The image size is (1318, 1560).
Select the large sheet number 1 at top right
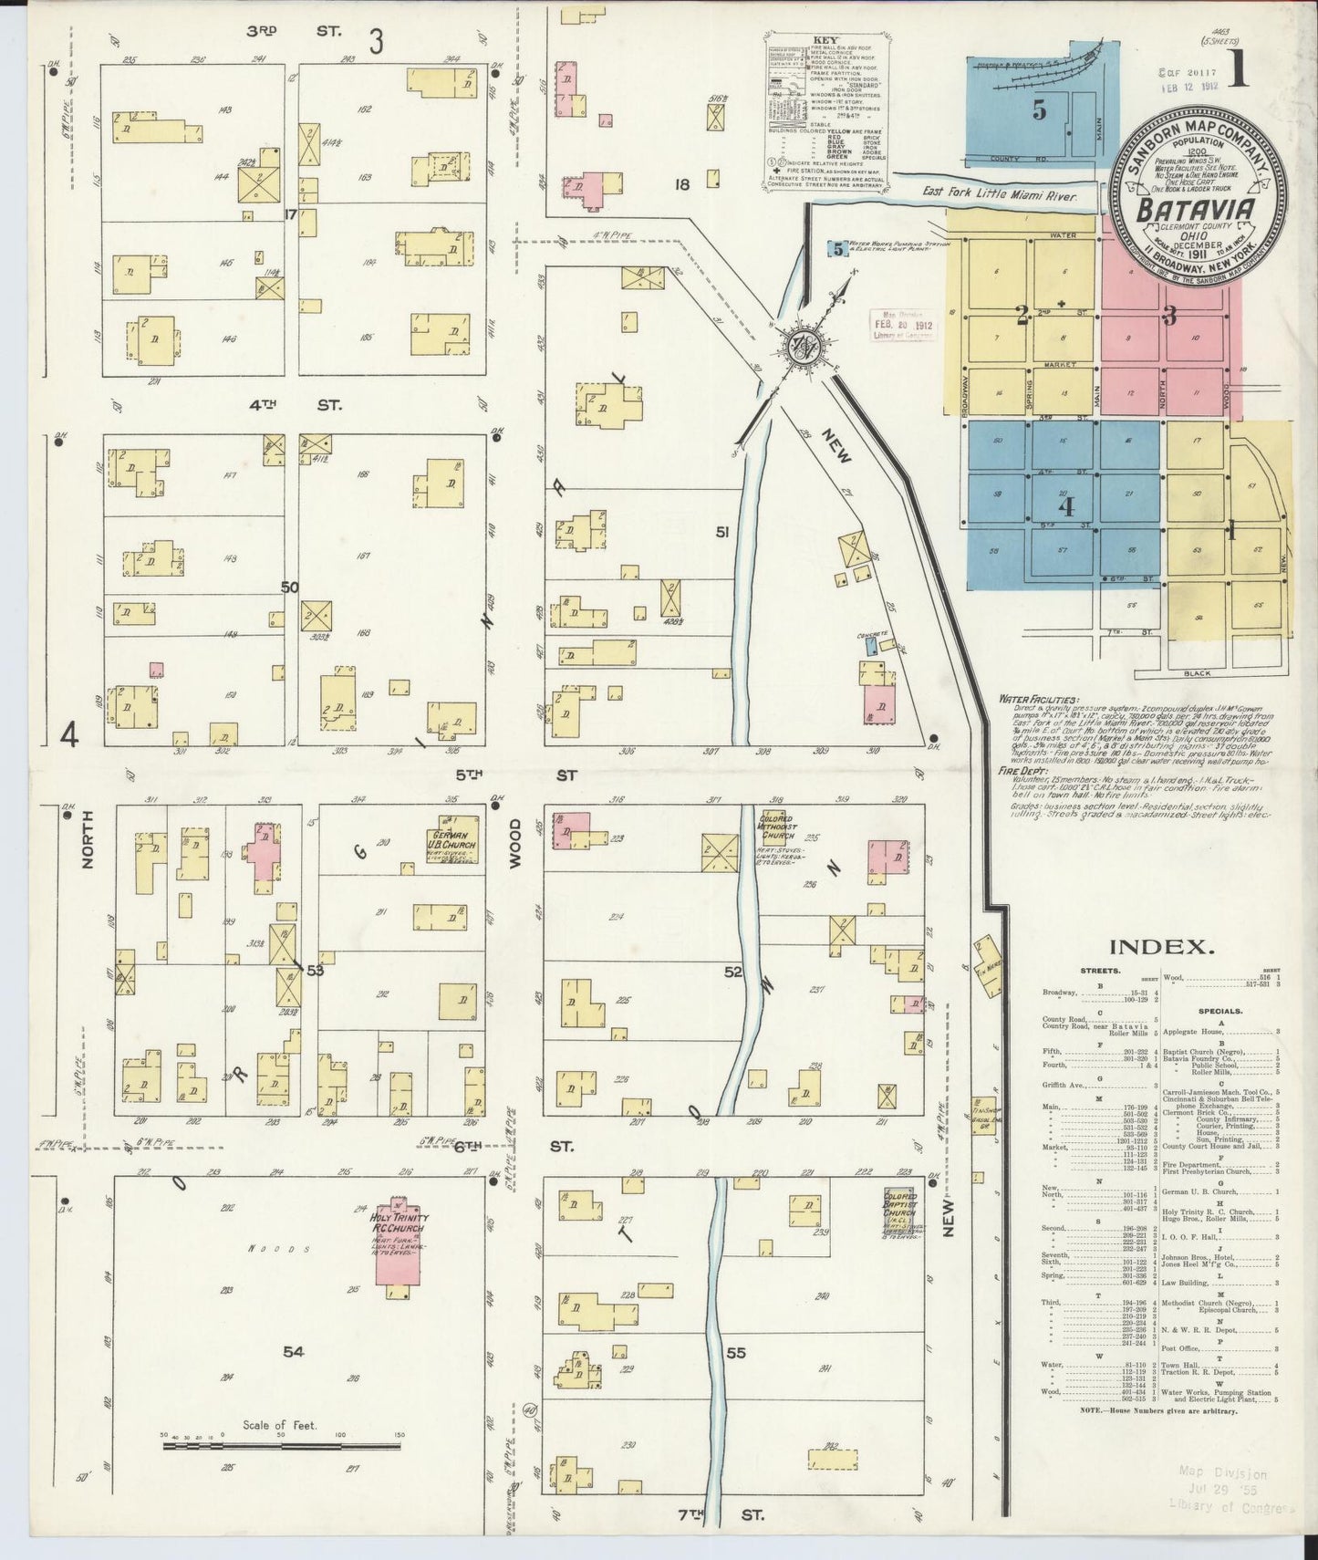pyautogui.click(x=1238, y=71)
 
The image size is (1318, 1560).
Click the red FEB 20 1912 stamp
pyautogui.click(x=903, y=325)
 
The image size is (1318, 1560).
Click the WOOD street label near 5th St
pyautogui.click(x=514, y=843)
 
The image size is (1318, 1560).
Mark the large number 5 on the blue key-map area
pyautogui.click(x=1038, y=110)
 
